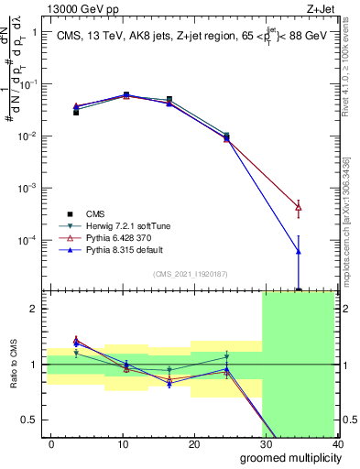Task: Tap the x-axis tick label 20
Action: click(193, 443)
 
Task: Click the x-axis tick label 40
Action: click(336, 443)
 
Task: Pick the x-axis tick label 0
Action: click(51, 443)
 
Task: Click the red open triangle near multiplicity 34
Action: click(299, 208)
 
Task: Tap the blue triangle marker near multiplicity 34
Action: click(299, 251)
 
